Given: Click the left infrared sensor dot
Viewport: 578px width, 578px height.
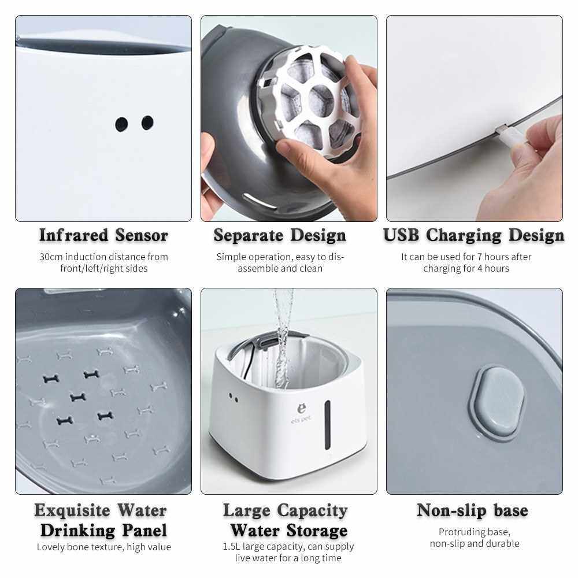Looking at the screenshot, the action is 121,124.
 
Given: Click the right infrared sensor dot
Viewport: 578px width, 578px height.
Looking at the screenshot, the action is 147,123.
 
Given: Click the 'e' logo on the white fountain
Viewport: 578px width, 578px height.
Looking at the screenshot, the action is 302,409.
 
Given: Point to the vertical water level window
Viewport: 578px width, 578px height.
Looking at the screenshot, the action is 327,425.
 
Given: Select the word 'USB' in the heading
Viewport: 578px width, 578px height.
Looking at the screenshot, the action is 401,235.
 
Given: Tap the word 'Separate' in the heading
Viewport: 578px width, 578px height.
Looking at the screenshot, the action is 249,236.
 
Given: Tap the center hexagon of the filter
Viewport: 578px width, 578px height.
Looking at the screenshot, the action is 320,99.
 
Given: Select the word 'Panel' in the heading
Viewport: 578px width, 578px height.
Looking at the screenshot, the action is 144,531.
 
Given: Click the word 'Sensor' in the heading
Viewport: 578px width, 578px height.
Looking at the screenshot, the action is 142,235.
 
